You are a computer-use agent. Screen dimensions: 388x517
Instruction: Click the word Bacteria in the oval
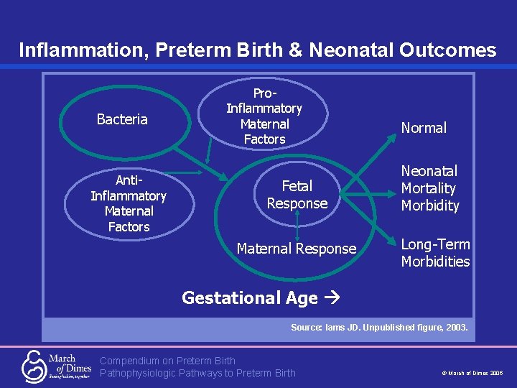[x=122, y=119]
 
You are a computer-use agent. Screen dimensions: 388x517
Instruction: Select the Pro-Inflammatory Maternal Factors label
[x=264, y=116]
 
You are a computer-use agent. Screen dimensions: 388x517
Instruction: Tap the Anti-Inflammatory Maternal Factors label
[x=129, y=203]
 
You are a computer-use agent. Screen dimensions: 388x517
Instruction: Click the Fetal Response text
[x=297, y=195]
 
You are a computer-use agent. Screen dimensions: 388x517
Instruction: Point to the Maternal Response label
[x=296, y=249]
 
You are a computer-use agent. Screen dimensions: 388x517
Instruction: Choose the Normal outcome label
[x=424, y=128]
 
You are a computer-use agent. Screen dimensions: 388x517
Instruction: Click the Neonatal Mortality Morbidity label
[x=429, y=188]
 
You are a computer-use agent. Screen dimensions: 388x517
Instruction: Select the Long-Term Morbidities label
[x=435, y=253]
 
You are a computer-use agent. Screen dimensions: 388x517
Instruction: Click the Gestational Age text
[x=249, y=297]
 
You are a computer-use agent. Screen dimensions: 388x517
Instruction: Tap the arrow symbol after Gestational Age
[x=331, y=298]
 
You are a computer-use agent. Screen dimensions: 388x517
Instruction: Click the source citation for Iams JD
[x=378, y=327]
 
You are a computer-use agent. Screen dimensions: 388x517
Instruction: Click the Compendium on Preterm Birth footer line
[x=167, y=360]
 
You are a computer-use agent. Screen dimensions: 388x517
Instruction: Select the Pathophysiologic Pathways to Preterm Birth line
[x=197, y=372]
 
